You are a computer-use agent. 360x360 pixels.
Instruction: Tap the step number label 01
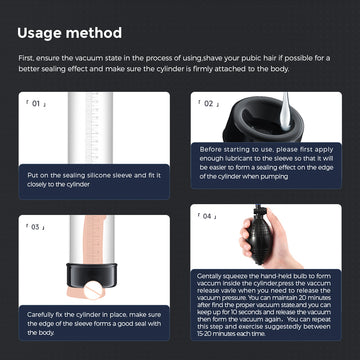pyautogui.click(x=37, y=103)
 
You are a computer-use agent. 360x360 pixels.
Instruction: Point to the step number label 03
pyautogui.click(x=37, y=227)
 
